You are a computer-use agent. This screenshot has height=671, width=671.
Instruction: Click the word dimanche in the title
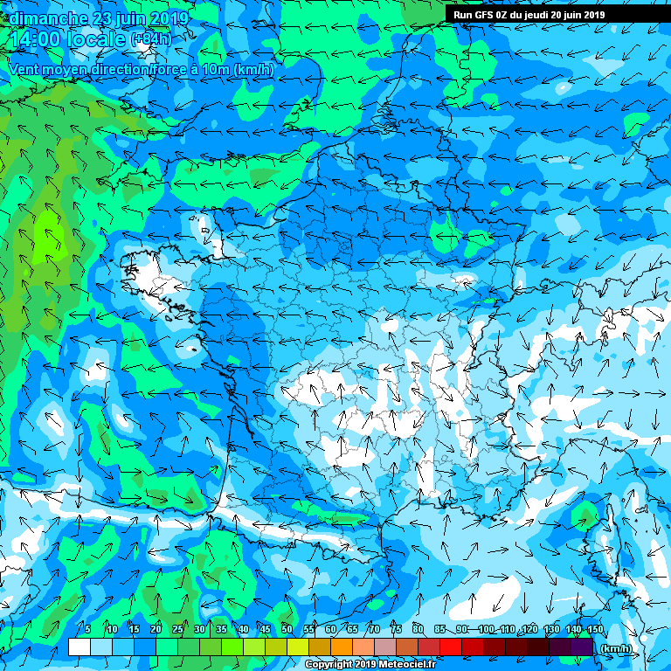coord(45,17)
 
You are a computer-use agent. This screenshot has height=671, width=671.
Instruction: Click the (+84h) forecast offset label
coord(150,39)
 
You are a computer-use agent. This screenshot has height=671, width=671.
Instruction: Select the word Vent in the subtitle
coord(25,69)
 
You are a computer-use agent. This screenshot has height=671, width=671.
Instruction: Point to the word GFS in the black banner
coord(486,15)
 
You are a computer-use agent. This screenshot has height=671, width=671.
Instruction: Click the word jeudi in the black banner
coord(540,15)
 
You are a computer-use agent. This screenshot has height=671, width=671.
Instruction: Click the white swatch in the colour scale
coord(79,647)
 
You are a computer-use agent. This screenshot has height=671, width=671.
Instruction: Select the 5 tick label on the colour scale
coord(88,629)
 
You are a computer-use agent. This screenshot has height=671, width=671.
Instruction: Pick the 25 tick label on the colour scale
coord(177,629)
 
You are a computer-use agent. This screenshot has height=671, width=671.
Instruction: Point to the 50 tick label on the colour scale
coord(287,629)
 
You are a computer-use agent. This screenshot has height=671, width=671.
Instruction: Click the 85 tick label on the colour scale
coord(439,629)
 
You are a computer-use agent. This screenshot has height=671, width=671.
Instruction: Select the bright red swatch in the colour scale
coord(450,647)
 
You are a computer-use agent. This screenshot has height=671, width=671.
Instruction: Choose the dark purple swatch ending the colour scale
coord(582,647)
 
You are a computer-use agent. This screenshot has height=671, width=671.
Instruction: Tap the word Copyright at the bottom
coord(329,665)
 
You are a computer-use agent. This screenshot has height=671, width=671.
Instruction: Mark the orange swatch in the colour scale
coord(341,647)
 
